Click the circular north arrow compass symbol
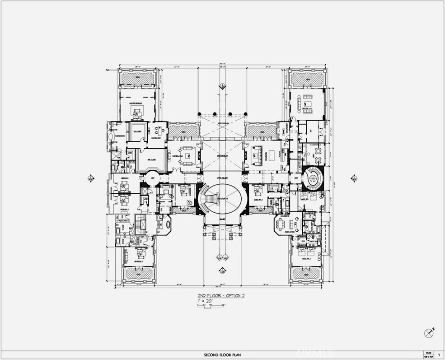pyautogui.click(x=429, y=333)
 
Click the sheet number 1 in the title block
pyautogui.click(x=439, y=355)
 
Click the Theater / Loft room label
pyautogui.click(x=308, y=109)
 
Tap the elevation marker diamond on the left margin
pyautogui.click(x=91, y=178)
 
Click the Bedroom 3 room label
pyautogui.click(x=138, y=262)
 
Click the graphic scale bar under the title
pyautogui.click(x=211, y=306)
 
